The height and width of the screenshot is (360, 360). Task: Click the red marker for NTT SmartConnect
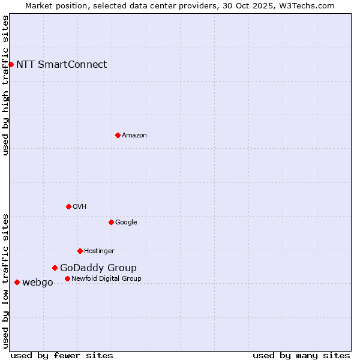11,64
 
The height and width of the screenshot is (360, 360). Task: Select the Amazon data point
118,135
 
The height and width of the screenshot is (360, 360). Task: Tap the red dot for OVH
68,206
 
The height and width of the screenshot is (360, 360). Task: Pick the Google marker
111,222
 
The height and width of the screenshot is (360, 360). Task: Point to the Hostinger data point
80,251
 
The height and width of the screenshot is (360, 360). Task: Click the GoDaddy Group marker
55,268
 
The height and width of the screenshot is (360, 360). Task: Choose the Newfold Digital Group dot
67,278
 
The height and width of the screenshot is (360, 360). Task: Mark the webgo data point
17,282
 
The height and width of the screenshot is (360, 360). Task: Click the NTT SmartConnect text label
61,64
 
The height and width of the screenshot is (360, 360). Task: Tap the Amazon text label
134,135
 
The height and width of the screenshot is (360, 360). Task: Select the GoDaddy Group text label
98,268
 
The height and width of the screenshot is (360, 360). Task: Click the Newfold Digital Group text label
106,278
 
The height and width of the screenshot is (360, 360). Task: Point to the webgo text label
37,282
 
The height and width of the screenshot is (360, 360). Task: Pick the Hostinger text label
99,251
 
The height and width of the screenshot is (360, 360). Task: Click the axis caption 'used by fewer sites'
62,355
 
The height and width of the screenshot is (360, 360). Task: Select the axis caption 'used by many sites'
301,355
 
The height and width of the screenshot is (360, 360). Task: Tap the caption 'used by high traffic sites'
5,85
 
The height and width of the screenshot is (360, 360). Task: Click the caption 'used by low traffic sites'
5,280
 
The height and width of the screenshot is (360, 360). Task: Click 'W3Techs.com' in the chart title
308,5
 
